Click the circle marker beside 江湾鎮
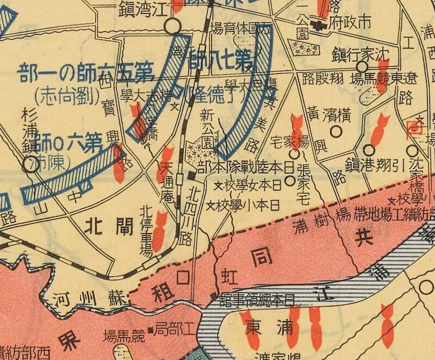173,26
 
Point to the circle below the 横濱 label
336,131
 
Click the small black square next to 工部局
150,330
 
